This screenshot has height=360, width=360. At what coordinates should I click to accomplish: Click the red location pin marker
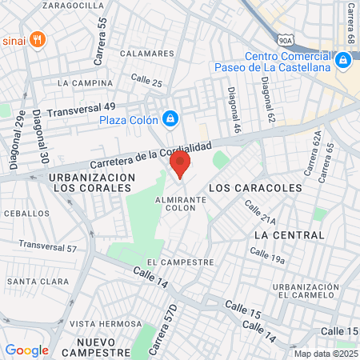pos(179,164)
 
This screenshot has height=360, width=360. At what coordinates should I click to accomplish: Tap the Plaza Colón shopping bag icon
pos(170,119)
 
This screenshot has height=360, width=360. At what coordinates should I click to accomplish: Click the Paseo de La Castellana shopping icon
pos(342,61)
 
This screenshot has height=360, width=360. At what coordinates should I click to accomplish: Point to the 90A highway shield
pos(286,38)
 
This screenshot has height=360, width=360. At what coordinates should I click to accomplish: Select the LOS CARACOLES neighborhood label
pos(255,187)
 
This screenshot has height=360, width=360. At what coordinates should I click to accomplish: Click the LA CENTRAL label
pos(289,235)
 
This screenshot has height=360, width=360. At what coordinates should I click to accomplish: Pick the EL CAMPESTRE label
pos(181,262)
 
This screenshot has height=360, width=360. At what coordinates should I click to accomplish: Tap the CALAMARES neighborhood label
pos(146,54)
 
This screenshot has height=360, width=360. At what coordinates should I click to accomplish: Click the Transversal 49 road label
pos(82,110)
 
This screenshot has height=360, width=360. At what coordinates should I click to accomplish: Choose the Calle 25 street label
pos(146,81)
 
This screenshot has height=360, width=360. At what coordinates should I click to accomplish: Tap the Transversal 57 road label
pos(48,246)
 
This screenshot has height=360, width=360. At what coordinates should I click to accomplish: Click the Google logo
pos(26,350)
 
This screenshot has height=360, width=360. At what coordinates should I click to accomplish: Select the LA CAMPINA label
pos(86,82)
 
